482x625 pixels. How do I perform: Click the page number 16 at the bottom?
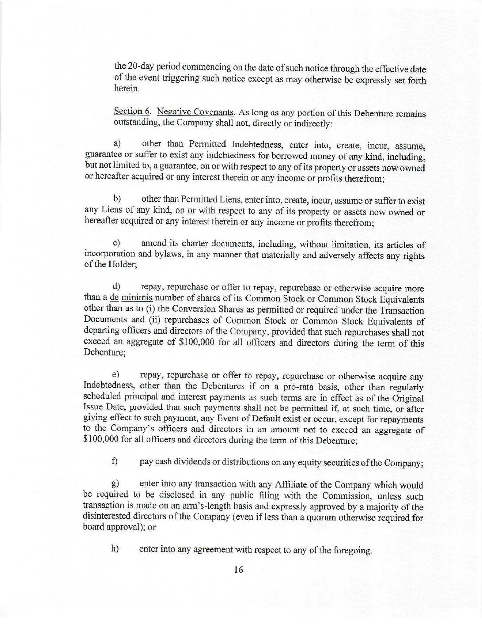239,570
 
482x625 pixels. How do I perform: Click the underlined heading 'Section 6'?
132,111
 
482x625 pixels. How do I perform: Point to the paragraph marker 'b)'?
117,198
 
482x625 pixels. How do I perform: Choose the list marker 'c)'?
117,243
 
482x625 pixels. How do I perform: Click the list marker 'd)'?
116,286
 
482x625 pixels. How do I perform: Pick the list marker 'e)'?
115,375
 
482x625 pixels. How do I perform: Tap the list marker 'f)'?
115,461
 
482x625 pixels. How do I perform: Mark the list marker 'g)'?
115,483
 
